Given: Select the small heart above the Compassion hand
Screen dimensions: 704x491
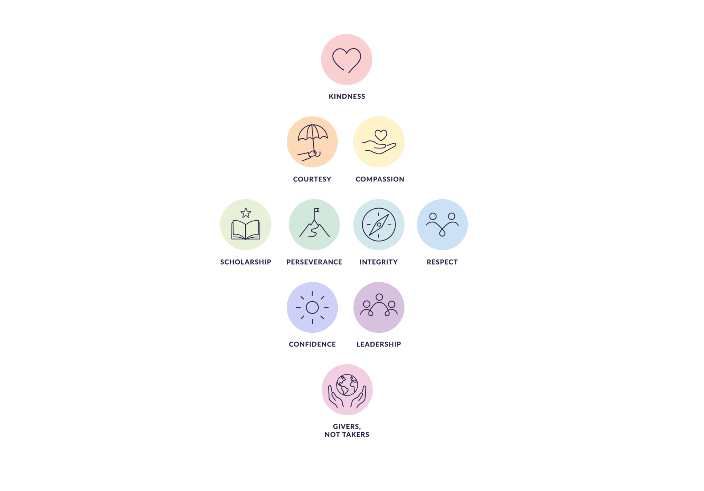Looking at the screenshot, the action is (381, 135).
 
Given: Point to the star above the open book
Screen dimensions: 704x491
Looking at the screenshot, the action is (246, 213).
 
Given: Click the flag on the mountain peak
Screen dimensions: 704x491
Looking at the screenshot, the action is (316, 210).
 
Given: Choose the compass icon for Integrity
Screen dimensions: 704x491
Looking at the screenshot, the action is (379, 225).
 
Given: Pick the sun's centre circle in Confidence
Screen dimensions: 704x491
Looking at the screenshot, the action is (312, 307).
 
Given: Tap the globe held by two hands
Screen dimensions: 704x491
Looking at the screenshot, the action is (347, 385).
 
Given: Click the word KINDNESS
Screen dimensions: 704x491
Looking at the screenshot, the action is (347, 96).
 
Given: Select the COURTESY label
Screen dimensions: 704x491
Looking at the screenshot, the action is (312, 179).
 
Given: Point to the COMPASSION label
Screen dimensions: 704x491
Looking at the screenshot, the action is (380, 179).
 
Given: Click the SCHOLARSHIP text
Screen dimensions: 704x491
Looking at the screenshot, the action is (246, 262).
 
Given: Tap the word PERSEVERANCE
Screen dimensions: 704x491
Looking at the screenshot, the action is (314, 262).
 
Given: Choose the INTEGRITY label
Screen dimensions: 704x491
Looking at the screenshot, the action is (379, 262).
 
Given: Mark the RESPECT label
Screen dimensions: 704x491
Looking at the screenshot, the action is (442, 262).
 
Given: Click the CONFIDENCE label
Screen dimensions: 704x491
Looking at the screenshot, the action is (312, 344).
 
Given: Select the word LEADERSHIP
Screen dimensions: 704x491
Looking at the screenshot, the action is (379, 344).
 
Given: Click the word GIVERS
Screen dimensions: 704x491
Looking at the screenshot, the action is (346, 426).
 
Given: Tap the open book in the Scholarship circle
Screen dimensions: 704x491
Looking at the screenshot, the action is (246, 230).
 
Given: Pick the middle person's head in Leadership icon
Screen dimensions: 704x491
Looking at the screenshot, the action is (379, 297).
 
